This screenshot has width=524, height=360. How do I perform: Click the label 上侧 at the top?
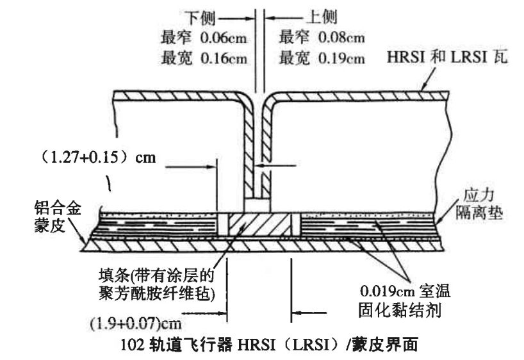322,17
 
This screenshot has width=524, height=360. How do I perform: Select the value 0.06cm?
224,38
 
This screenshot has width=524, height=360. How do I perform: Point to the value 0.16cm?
224,58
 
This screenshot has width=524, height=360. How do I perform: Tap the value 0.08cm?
341,37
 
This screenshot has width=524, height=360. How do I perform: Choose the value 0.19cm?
341,58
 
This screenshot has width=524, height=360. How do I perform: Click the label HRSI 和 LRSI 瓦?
447,56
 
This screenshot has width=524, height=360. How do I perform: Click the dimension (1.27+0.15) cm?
97,157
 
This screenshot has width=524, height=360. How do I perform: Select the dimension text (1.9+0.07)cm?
136,323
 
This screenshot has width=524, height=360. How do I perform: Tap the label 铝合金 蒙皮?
58,217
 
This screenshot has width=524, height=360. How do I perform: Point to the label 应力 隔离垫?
479,204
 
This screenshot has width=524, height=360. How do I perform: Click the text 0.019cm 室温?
405,291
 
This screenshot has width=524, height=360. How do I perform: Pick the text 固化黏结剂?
400,310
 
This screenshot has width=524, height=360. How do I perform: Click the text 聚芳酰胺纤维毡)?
157,294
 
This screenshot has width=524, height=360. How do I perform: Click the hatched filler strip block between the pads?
259,224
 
